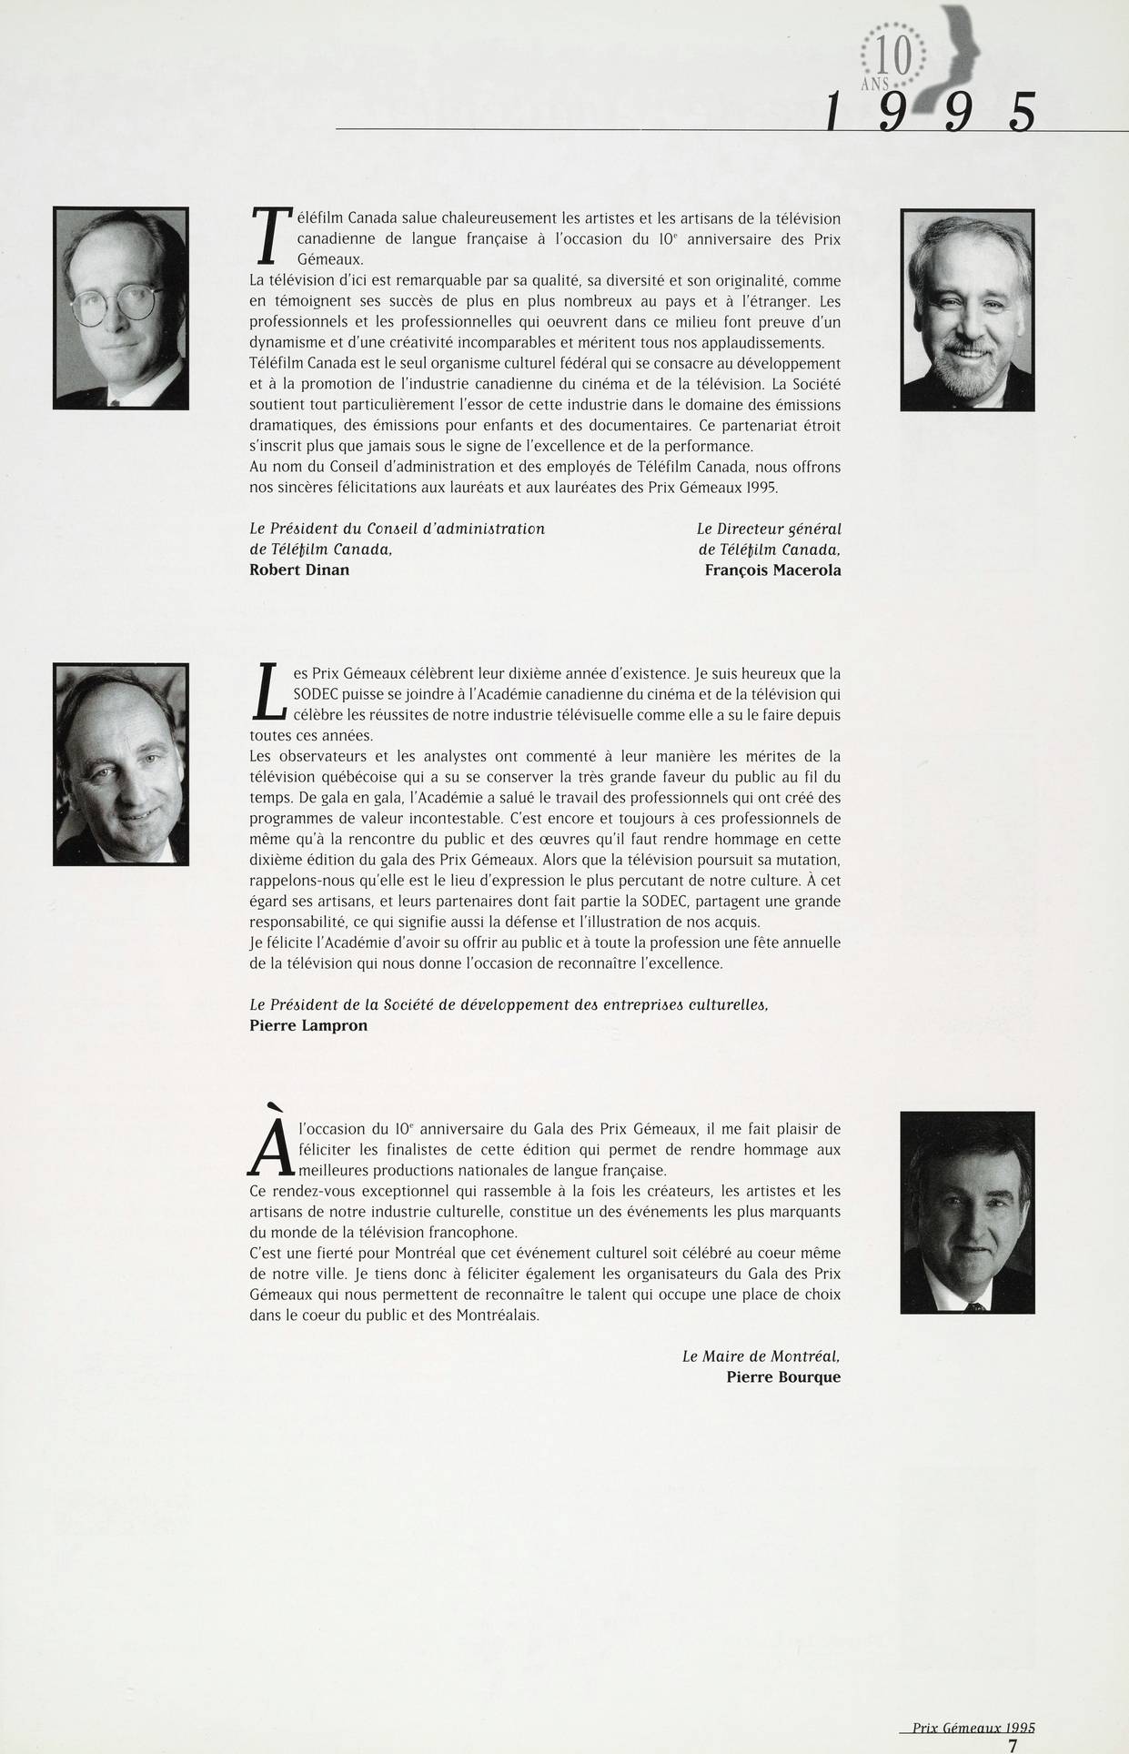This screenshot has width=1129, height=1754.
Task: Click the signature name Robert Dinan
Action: coord(298,570)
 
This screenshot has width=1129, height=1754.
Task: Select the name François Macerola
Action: coord(772,570)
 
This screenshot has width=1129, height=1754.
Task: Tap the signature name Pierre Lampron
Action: coord(308,1025)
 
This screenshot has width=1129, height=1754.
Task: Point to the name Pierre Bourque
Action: coord(783,1377)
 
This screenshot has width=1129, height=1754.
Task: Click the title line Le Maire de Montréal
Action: coord(761,1356)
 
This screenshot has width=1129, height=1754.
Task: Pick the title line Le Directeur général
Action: coord(768,529)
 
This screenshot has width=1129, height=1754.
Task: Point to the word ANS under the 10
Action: coord(874,85)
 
